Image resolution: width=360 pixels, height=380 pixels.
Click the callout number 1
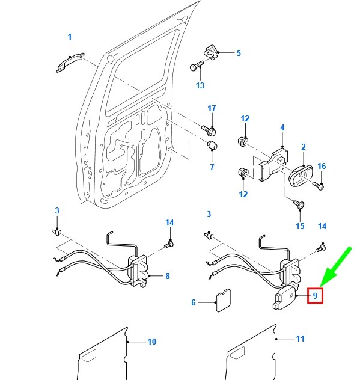point(69,37)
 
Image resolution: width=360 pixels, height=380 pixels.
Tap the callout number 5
point(238,53)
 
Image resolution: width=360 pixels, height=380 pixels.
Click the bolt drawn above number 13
point(198,67)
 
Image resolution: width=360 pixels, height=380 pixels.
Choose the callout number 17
point(212,108)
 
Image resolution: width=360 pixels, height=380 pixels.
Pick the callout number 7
point(212,167)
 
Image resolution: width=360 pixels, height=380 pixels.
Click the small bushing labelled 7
point(212,146)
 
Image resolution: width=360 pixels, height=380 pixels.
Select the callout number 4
point(281,127)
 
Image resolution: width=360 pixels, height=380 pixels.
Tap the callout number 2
point(304,147)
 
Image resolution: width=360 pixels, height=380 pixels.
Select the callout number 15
point(300,226)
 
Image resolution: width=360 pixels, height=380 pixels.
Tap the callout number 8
point(167,277)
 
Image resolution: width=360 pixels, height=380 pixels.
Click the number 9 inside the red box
point(315,295)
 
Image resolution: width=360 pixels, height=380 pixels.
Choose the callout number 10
point(151,342)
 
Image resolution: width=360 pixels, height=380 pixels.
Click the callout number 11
point(300,339)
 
